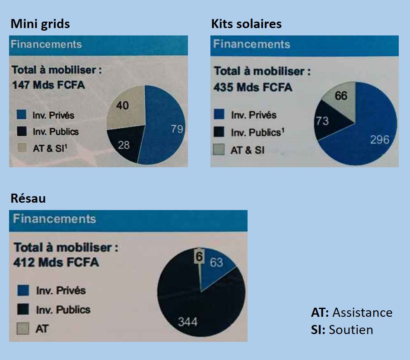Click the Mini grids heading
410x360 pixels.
(x=40, y=24)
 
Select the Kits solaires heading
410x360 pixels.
(x=246, y=24)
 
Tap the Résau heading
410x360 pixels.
(x=28, y=198)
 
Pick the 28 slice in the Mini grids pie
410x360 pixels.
(x=124, y=145)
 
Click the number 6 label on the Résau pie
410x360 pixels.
(x=199, y=257)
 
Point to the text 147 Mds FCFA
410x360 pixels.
(x=48, y=85)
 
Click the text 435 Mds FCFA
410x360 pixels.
(x=253, y=87)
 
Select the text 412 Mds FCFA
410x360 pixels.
(x=56, y=262)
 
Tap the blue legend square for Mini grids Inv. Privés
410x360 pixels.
(x=22, y=115)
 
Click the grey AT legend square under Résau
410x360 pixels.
(x=23, y=328)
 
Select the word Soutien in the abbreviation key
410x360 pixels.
(x=351, y=330)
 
